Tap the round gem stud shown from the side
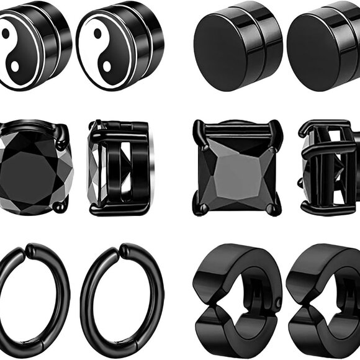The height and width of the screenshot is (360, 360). pos(118,168)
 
